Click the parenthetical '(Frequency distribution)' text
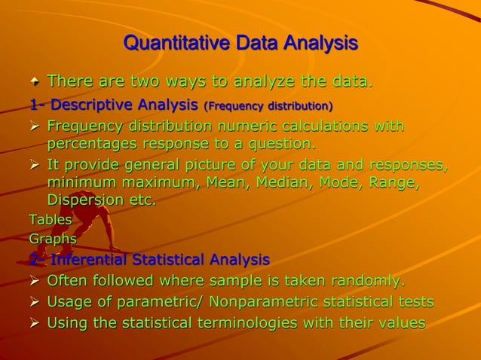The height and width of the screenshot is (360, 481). point(268,105)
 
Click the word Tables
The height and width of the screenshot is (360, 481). point(51,220)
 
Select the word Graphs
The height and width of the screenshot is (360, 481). point(53,239)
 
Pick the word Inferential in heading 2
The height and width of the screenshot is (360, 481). point(89,260)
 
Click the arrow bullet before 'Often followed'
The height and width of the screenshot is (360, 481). point(35,281)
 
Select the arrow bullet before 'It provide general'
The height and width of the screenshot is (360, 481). point(35,166)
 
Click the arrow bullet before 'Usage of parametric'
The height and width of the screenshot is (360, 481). point(35,302)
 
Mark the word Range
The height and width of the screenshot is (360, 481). point(395,182)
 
